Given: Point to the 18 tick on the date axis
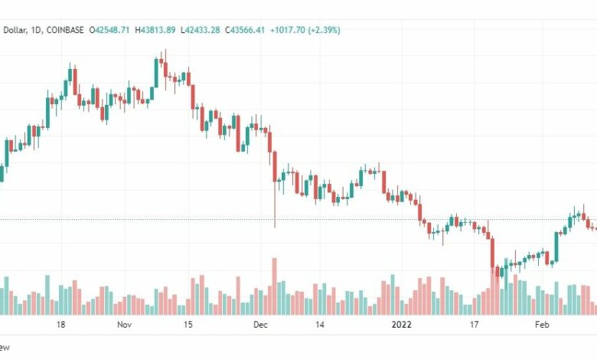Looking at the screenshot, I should (x=60, y=325).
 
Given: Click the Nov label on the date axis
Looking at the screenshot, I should (x=126, y=325).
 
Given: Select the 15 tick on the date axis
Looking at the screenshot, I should (x=188, y=325).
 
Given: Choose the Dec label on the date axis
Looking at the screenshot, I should (x=261, y=325).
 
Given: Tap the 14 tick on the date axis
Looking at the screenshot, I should (x=320, y=325).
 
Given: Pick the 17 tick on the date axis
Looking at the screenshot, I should (x=475, y=325).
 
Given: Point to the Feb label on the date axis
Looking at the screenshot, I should (x=542, y=325).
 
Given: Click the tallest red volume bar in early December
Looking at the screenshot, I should (x=274, y=286).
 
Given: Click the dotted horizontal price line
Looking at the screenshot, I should (x=153, y=220).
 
